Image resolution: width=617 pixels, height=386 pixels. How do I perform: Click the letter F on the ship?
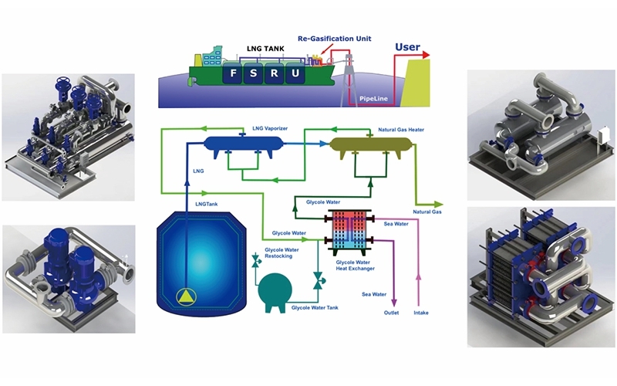click(232, 75)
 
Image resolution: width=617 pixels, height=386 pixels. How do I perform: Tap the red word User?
click(407, 48)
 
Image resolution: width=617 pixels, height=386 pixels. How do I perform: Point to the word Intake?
click(420, 313)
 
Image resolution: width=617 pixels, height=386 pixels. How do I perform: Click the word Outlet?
click(392, 313)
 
